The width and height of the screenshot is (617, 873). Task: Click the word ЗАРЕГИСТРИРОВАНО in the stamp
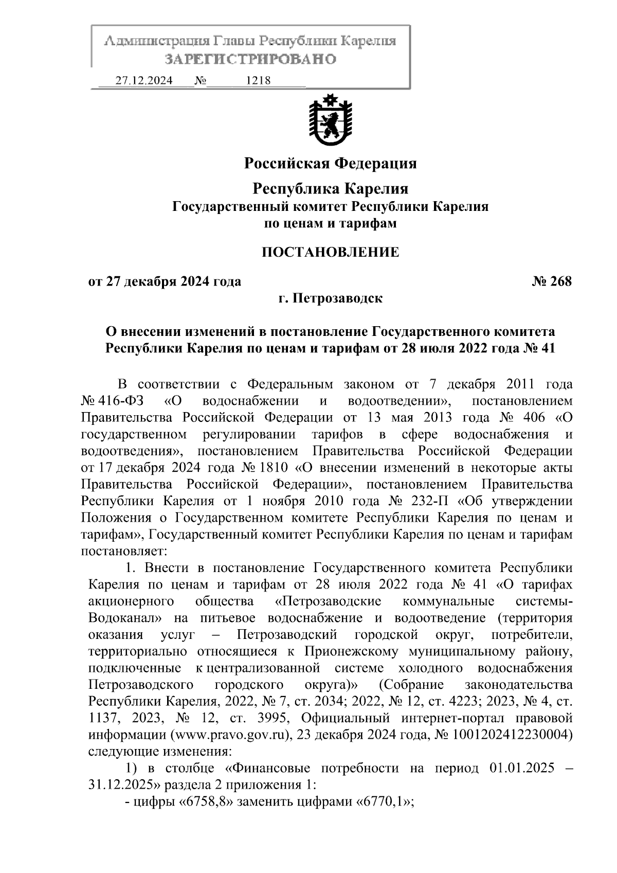click(250, 59)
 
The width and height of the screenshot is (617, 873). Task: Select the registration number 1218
click(259, 81)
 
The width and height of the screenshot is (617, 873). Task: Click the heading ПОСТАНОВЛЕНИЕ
click(330, 252)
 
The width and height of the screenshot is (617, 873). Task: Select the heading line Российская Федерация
click(330, 164)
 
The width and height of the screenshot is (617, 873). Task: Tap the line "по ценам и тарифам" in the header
click(330, 223)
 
